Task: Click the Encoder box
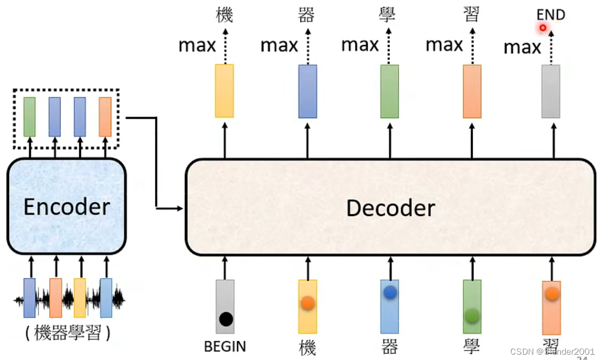click(67, 207)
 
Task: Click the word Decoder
click(390, 208)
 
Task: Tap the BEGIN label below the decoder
click(225, 347)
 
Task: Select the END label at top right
click(551, 14)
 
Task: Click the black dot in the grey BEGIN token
click(226, 320)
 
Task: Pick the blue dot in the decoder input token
click(390, 292)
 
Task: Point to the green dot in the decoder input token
click(472, 316)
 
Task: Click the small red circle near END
click(543, 28)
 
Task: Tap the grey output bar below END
click(551, 91)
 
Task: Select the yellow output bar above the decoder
click(224, 91)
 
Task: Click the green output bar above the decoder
click(389, 91)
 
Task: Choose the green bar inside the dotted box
click(30, 116)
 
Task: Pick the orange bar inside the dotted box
click(105, 116)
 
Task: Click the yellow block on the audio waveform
click(80, 298)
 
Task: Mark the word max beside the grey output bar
click(522, 47)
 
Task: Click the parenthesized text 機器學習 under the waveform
click(68, 333)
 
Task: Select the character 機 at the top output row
click(225, 15)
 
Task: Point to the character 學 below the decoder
click(472, 347)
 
